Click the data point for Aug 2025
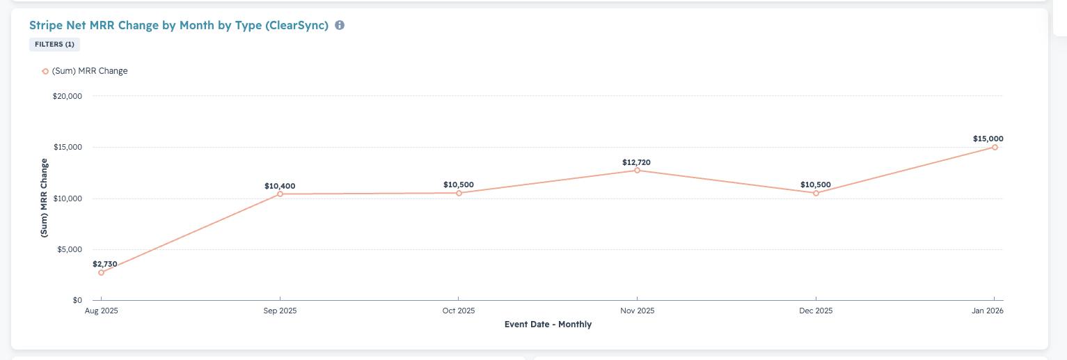click(x=101, y=272)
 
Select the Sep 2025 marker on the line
click(x=280, y=194)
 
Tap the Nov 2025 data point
click(x=637, y=170)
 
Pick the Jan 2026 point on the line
click(x=995, y=147)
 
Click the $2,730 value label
click(x=105, y=264)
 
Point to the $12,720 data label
click(x=637, y=162)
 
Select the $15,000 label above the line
click(x=988, y=139)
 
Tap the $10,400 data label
click(x=280, y=186)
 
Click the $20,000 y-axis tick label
click(x=68, y=96)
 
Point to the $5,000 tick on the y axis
click(x=70, y=249)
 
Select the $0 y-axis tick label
click(x=77, y=300)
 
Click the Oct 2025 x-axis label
click(x=458, y=311)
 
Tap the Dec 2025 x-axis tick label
click(x=816, y=311)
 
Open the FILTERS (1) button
click(x=54, y=45)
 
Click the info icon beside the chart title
click(x=340, y=25)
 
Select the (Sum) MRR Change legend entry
click(x=85, y=71)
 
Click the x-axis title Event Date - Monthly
click(x=548, y=324)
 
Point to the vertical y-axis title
click(x=45, y=198)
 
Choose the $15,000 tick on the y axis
click(x=68, y=147)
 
